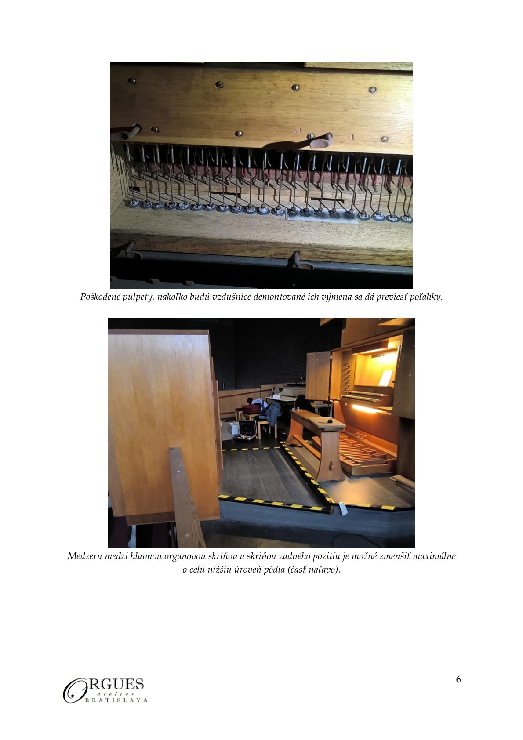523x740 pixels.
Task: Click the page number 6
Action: pos(458,679)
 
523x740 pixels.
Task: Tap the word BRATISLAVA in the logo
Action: pos(116,700)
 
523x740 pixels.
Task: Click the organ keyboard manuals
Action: pos(365,397)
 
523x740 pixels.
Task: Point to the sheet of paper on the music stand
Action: pos(385,377)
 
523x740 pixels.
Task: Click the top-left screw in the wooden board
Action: pos(132,80)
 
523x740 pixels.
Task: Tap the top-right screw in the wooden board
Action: pos(373,89)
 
